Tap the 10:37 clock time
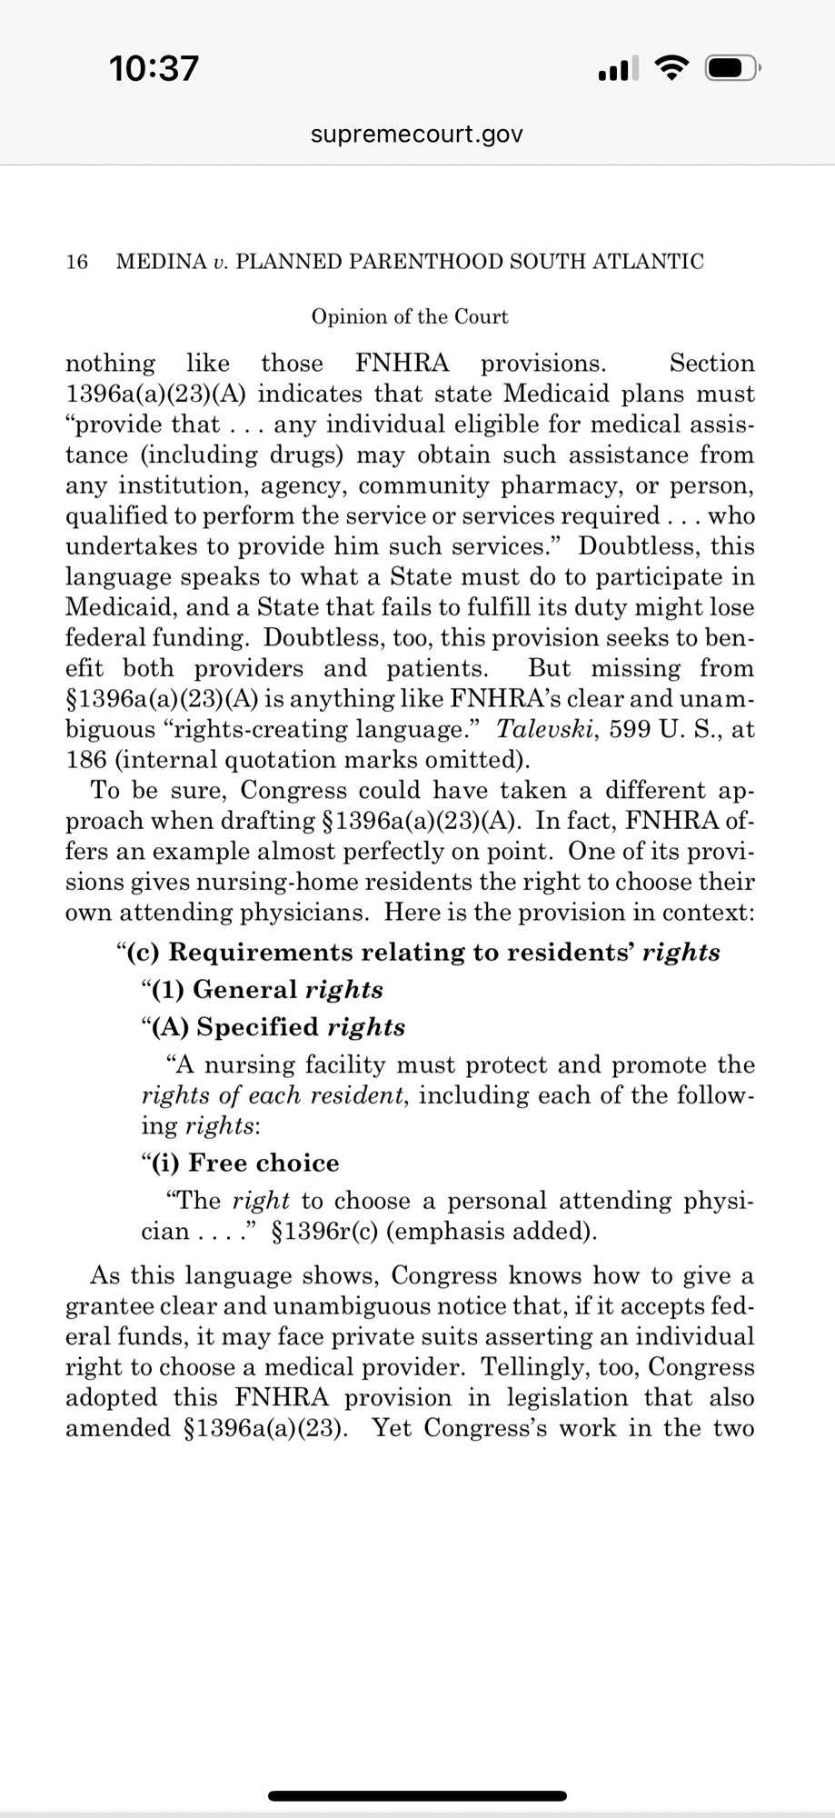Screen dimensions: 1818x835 (153, 68)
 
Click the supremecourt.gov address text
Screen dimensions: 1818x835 (417, 135)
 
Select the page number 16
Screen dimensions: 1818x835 (77, 262)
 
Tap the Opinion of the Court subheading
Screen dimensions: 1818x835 (410, 316)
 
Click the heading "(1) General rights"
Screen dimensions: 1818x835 (263, 989)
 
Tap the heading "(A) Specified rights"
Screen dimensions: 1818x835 (274, 1027)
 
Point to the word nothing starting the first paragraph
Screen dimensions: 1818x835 (110, 364)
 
